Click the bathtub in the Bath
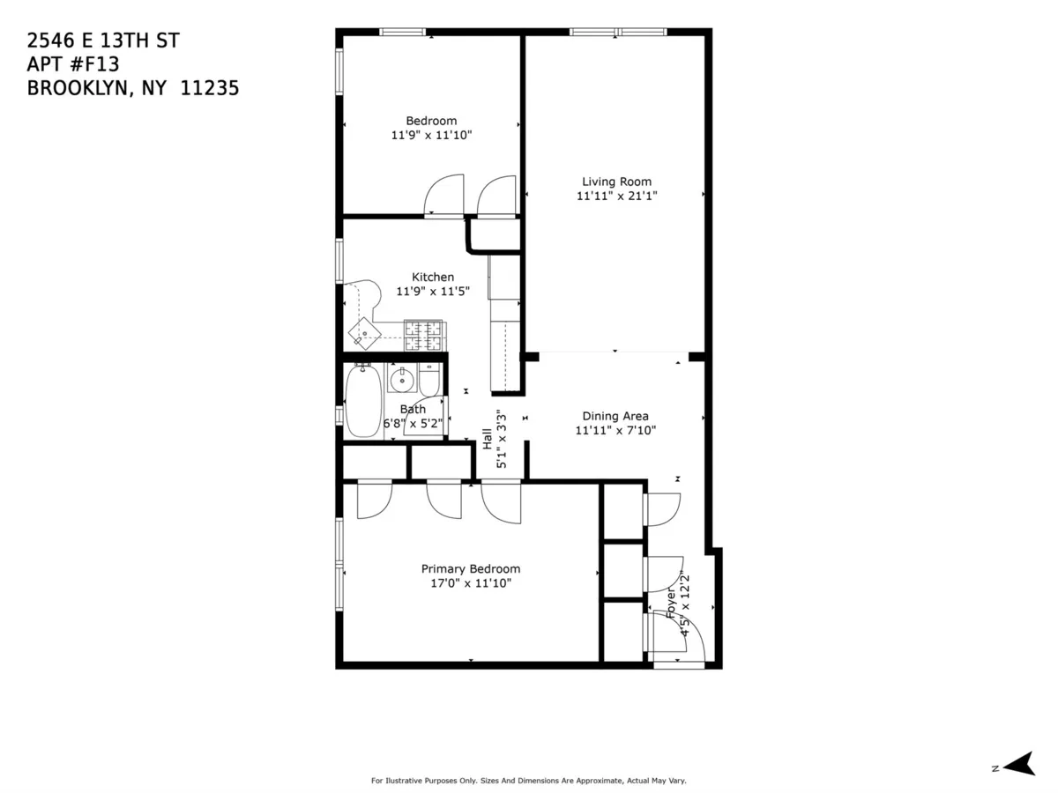[362, 402]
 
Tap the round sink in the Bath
[402, 381]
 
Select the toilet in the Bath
[429, 381]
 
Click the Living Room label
[616, 182]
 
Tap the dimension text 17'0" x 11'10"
[470, 583]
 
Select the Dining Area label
[615, 416]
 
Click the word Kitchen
[433, 277]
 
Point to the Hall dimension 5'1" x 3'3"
[502, 438]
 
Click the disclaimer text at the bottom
[528, 781]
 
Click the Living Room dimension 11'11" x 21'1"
[616, 196]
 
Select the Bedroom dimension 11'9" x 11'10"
[432, 136]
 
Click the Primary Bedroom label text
[470, 569]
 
